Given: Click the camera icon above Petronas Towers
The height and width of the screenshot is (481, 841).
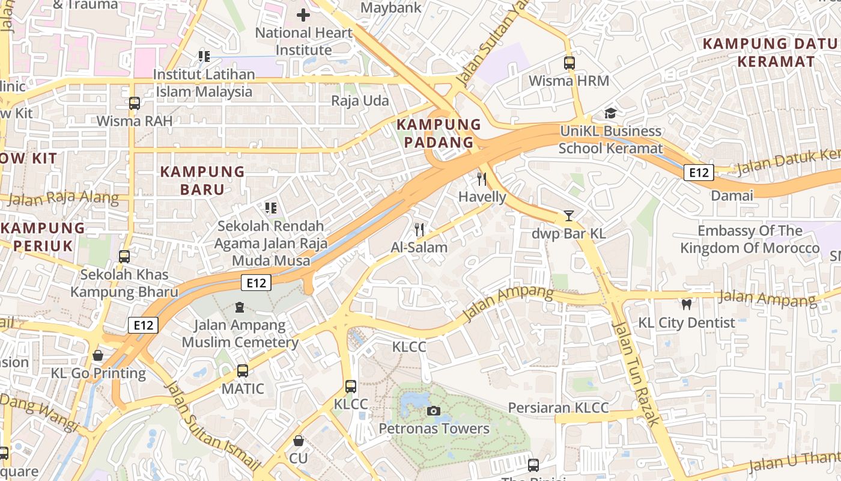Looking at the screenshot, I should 433,411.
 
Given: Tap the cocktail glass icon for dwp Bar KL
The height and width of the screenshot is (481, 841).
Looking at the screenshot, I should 568,216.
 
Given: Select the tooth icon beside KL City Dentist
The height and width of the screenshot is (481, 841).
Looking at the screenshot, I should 687,305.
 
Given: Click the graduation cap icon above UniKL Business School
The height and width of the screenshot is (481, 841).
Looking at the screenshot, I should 610,113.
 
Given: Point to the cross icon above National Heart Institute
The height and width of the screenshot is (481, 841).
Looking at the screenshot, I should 303,15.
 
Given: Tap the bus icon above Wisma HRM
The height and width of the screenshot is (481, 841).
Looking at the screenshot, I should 569,63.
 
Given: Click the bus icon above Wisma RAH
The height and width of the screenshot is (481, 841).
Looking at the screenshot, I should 135,103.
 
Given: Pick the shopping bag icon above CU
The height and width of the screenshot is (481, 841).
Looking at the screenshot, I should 298,441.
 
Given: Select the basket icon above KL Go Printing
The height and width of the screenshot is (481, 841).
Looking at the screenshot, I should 98,355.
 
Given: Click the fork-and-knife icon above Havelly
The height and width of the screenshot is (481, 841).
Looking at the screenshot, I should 482,179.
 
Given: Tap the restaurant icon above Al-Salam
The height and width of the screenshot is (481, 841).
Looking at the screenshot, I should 419,229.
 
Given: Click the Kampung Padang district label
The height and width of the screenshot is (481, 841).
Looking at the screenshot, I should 439,133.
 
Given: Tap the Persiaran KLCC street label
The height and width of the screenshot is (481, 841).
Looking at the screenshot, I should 558,408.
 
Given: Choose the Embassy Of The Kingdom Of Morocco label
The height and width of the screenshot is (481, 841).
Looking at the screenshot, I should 749,239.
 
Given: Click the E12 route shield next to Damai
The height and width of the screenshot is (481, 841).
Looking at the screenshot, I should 699,173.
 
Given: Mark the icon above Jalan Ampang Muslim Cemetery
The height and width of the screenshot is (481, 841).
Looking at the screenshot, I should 240,307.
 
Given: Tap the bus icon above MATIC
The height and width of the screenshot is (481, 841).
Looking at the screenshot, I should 242,371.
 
